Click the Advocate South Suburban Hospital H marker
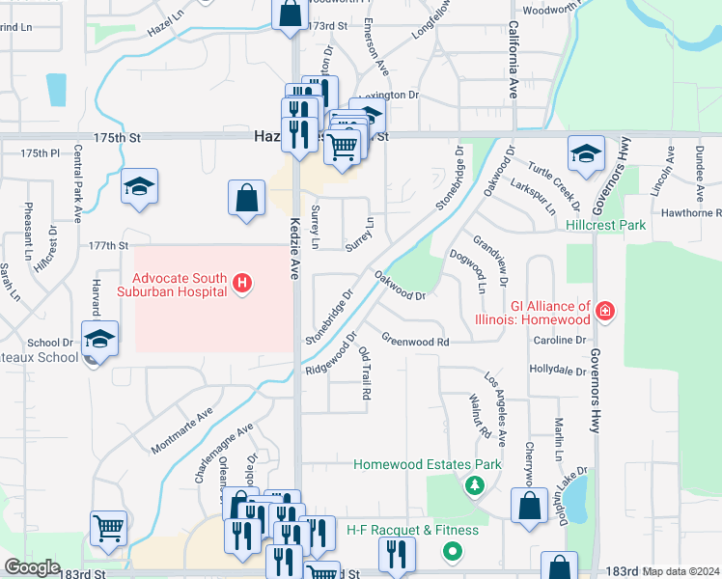coord(242,284)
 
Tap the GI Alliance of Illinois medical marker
coord(604,311)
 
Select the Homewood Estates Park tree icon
coord(474,485)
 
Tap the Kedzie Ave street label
coord(295,248)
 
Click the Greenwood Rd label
coord(415,341)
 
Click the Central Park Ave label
coord(76,188)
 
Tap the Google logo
coord(32,567)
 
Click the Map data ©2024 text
coord(681,571)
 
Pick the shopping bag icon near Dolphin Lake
coord(529,508)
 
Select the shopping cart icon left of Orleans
coord(108,528)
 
